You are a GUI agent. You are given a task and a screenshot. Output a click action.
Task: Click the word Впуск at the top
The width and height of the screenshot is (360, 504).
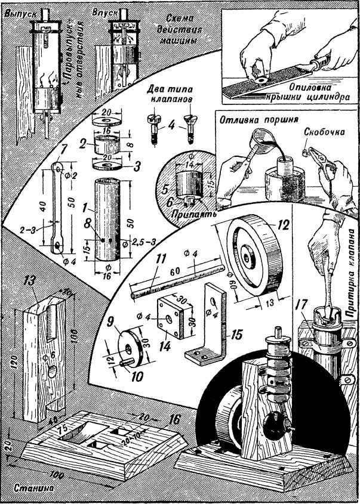pos(105,12)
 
